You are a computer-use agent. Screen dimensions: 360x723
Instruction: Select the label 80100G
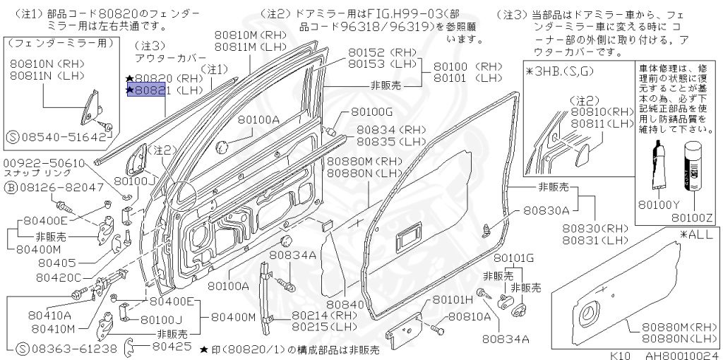(x=371, y=112)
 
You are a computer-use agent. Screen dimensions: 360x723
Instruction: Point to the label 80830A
(x=546, y=210)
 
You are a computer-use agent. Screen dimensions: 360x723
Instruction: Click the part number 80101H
(x=453, y=300)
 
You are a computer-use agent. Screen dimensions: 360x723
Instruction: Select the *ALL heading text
(x=695, y=234)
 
